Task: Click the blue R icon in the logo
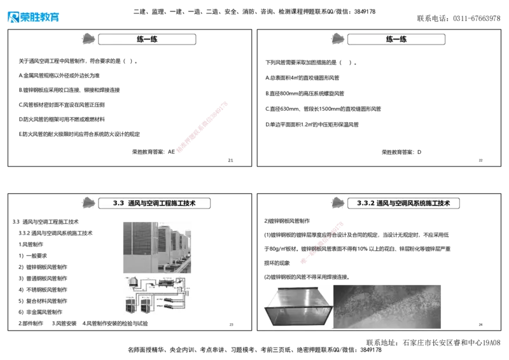tap(12, 17)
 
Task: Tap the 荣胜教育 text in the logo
tap(40, 18)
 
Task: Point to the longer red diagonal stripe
tap(201, 127)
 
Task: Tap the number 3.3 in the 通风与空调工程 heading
tap(118, 204)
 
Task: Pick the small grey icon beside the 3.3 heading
tap(89, 203)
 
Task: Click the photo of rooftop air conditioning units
tap(157, 246)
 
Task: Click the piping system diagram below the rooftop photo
tap(157, 294)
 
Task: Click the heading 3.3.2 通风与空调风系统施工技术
tap(403, 204)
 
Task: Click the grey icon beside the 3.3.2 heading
tap(338, 203)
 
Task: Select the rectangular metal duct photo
tap(296, 307)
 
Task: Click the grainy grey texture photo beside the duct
tap(387, 304)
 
